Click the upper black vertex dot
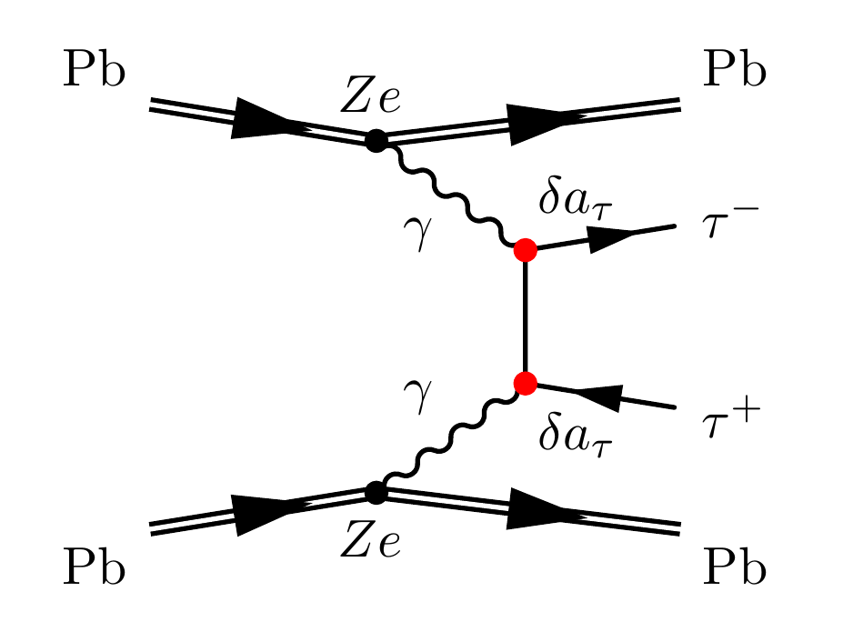tap(375, 141)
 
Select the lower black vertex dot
tap(375, 492)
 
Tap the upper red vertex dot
tap(525, 250)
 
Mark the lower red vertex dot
tap(525, 383)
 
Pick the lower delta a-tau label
tap(577, 436)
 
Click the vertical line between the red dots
tap(525, 316)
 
